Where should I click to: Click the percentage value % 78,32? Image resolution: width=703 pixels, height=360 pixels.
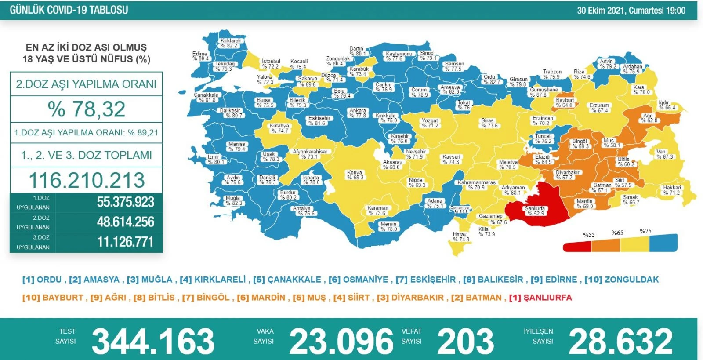87,109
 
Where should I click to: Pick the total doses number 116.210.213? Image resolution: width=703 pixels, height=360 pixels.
87,180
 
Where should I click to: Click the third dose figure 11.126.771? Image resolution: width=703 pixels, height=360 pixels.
125,242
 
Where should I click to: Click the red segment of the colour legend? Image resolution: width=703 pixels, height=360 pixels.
577,247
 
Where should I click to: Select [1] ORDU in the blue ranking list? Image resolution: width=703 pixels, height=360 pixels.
42,280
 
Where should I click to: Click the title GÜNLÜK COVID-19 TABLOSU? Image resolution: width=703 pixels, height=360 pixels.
69,10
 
